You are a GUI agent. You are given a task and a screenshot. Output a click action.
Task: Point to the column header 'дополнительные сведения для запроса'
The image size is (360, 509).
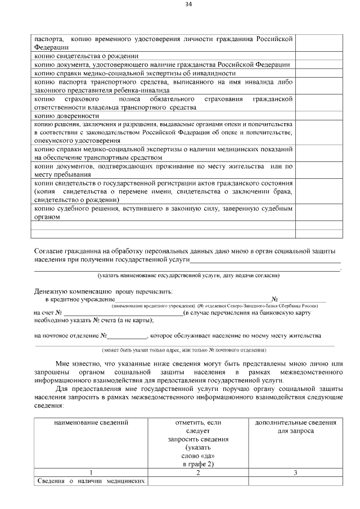pyautogui.click(x=295, y=426)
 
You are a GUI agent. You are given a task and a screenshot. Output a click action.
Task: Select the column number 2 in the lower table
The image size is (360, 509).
pyautogui.click(x=198, y=472)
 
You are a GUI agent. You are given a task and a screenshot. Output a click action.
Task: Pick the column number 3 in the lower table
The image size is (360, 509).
pyautogui.click(x=295, y=472)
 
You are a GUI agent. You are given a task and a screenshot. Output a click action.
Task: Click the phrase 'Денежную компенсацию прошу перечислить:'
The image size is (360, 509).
pyautogui.click(x=104, y=291)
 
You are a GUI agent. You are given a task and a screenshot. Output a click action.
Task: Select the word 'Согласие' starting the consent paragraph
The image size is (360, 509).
pyautogui.click(x=49, y=250)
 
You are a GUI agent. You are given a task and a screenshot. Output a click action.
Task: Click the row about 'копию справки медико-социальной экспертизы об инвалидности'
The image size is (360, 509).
pyautogui.click(x=134, y=73)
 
